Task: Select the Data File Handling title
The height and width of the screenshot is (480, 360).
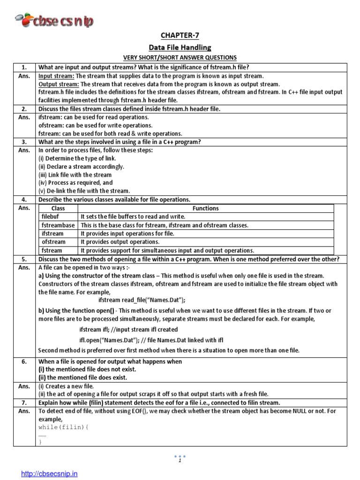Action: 180,47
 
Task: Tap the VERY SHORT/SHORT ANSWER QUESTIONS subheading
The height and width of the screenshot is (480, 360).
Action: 180,58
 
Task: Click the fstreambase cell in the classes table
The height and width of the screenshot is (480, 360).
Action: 58,225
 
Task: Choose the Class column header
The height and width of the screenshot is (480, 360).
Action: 58,208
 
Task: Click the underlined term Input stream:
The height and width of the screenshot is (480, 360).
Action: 56,76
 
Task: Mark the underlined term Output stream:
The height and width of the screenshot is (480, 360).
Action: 58,84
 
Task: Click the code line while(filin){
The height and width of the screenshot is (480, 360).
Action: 60,428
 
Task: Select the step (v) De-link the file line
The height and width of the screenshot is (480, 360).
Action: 84,191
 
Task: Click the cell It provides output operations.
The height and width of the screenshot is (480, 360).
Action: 120,242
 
